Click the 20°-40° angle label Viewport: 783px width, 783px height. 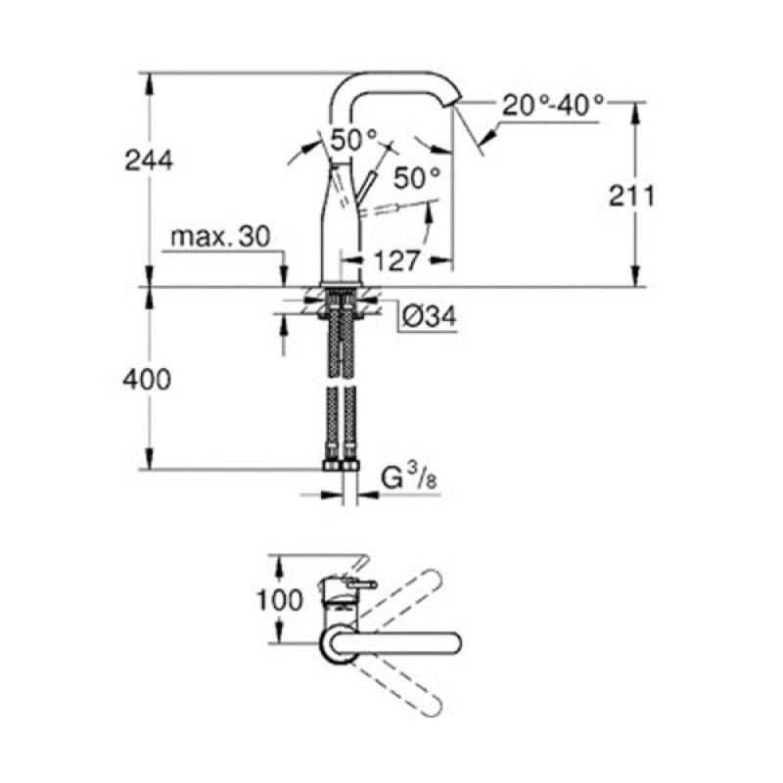pos(553,105)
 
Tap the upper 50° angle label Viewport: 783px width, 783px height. pos(353,140)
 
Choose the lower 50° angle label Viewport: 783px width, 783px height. pos(418,177)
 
